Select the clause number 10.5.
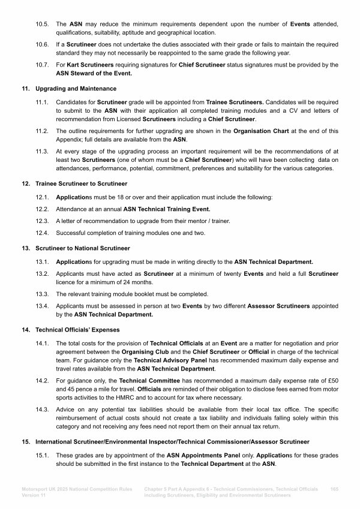(42, 23)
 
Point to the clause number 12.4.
(42, 233)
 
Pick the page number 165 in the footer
(334, 489)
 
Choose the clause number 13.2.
(42, 274)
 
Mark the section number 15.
(26, 441)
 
